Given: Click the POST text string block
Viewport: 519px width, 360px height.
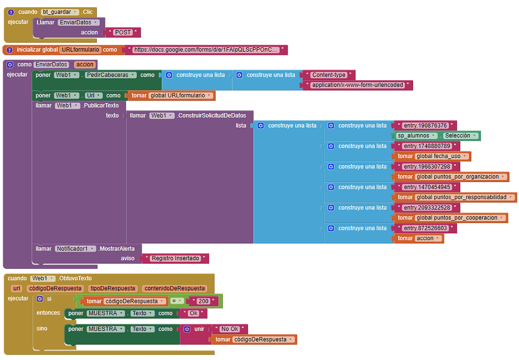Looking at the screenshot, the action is click(123, 32).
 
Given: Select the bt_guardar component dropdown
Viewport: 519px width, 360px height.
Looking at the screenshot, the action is click(60, 12).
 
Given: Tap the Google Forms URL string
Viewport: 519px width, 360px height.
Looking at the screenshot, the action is click(205, 50).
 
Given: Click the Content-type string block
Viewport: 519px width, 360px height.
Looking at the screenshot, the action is click(328, 75).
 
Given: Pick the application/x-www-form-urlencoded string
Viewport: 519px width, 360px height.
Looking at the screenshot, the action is click(357, 85).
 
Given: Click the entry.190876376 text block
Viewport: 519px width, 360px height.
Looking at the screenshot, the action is click(425, 126).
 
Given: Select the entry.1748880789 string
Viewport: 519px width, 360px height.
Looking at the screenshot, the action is click(427, 146).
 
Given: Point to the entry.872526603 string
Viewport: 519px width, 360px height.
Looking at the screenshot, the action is click(425, 228).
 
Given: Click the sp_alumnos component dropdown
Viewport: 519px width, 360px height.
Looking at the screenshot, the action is click(417, 135).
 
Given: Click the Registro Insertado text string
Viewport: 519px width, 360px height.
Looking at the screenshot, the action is click(175, 258).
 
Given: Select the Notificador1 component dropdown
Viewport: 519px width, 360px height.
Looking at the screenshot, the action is click(76, 249).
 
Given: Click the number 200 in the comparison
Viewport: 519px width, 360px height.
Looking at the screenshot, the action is click(203, 301).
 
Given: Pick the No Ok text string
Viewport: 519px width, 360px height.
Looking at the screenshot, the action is click(230, 329).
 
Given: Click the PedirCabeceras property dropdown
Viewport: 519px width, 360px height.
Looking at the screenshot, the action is click(110, 75).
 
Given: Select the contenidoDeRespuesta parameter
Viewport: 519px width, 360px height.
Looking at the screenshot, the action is click(174, 289).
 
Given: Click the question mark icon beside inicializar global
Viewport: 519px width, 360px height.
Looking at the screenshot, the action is click(10, 50).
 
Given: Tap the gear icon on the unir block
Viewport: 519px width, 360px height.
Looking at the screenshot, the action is click(187, 329).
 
